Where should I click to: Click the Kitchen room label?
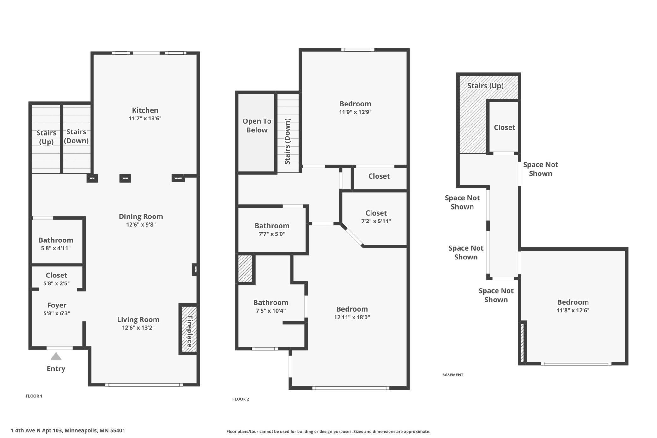pos(145,110)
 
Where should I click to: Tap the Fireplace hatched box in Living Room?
pos(189,329)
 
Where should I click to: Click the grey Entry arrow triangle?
pos(56,356)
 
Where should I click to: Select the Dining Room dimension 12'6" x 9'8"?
pos(141,225)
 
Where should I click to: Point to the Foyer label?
pos(57,305)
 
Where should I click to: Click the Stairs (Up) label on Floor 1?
pos(46,137)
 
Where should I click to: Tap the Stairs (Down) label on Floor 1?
pos(76,136)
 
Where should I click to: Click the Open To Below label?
pos(257,125)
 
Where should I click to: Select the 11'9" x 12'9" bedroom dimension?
pos(355,112)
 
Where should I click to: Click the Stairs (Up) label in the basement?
pos(485,86)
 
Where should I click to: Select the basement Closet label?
pos(504,127)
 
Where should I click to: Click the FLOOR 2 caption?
pos(241,399)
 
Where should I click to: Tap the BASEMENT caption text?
pos(453,375)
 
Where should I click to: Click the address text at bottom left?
pos(68,430)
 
